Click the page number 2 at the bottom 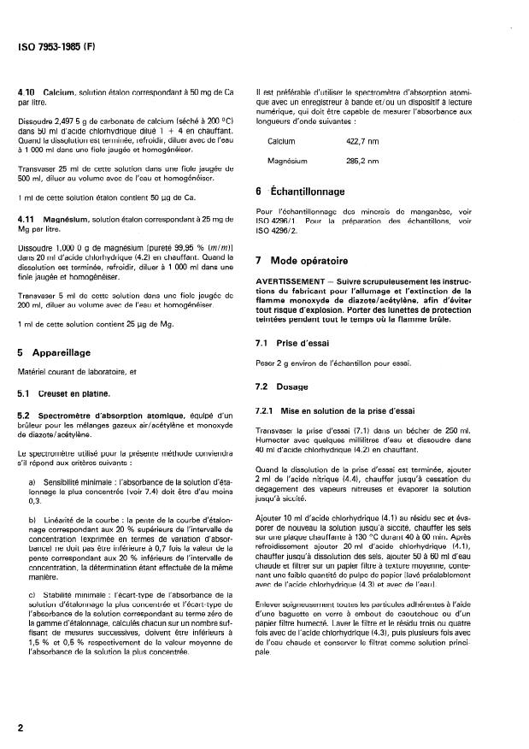[x=21, y=728]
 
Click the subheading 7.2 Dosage [x=287, y=386]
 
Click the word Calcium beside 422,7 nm [x=281, y=140]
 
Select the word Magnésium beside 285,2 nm [x=286, y=160]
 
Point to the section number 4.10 [x=26, y=91]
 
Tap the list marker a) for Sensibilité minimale [x=32, y=482]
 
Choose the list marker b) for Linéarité [x=32, y=519]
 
